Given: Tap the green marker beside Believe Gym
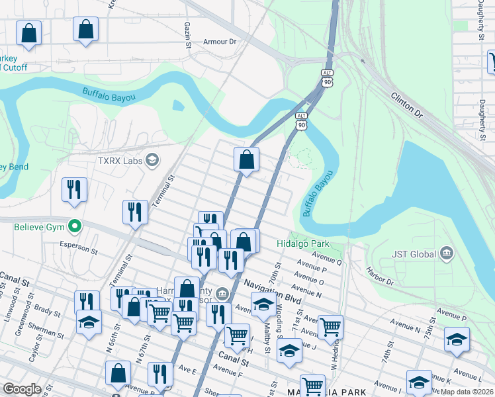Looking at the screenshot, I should click(75, 227).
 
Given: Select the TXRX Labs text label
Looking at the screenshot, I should click(120, 160).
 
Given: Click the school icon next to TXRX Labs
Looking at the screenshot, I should click(152, 159).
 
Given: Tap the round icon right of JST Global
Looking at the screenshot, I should click(447, 253).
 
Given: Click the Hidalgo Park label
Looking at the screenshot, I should click(302, 243).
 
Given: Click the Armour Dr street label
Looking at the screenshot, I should click(220, 42).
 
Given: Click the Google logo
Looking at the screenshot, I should click(21, 389).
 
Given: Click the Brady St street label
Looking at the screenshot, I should click(48, 309).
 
